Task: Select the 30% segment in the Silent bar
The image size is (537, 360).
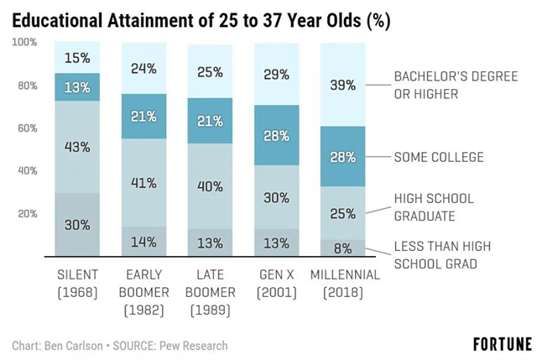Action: click(77, 225)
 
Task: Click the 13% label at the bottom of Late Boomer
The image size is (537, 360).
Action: click(209, 243)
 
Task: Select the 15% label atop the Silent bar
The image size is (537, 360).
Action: click(77, 58)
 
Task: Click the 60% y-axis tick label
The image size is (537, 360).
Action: click(27, 128)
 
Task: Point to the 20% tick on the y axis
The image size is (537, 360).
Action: click(27, 213)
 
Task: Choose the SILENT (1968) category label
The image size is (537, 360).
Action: click(77, 283)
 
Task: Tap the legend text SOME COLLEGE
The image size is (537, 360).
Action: click(438, 157)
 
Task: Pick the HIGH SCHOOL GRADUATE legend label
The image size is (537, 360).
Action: click(434, 206)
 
